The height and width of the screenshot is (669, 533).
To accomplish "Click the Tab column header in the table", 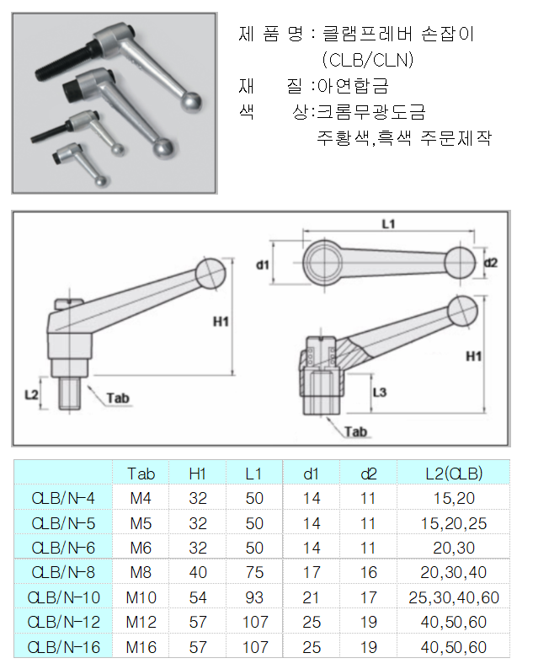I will (141, 474).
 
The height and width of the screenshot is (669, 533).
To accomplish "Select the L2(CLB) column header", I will (454, 474).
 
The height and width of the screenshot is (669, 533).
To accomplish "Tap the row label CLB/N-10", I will (64, 597).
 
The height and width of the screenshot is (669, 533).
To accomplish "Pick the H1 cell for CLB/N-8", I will (198, 572).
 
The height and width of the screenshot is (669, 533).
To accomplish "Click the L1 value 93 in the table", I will (254, 597).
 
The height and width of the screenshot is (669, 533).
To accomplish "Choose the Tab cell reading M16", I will (141, 647).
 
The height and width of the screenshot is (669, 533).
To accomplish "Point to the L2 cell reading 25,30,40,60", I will (454, 597).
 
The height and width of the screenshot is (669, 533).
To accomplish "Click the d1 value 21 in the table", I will (312, 597).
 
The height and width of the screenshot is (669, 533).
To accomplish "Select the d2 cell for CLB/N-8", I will (368, 572).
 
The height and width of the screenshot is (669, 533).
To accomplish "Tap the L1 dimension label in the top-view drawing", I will (388, 224).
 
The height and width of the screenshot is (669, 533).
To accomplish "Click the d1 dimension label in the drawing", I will (263, 265).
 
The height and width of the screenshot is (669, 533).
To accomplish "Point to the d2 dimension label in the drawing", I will (491, 263).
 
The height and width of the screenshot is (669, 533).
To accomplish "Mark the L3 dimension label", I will (379, 393).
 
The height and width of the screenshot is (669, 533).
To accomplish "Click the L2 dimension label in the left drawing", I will (31, 393).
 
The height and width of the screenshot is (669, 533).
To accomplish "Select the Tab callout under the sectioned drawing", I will (357, 432).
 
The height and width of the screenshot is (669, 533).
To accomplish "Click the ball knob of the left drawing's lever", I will (211, 271).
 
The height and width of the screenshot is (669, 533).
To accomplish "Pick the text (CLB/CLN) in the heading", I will (367, 60).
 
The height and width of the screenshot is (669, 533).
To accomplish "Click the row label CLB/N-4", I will (64, 498).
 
